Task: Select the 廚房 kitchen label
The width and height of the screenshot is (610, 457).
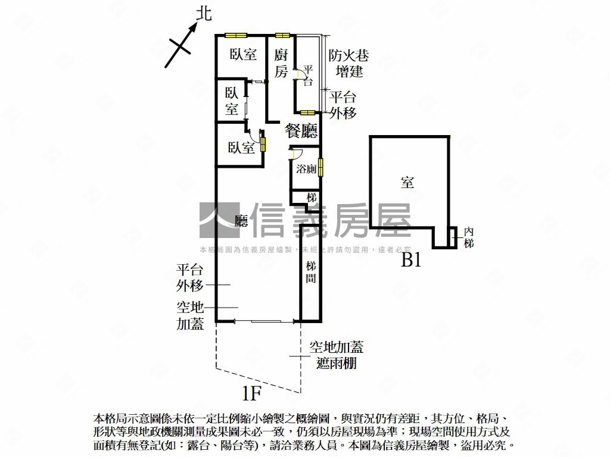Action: pos(281,63)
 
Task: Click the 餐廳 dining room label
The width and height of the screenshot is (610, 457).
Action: pos(301,131)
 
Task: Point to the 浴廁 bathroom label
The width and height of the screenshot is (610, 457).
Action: pos(306,169)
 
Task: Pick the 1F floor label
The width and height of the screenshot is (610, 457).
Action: pos(252,393)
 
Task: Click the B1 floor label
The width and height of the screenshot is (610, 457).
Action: pos(411,259)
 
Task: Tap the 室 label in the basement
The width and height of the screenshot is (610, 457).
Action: pos(407,183)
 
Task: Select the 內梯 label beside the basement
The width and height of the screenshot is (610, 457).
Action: pos(469,237)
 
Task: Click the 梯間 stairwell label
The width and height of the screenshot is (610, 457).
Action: pos(311,272)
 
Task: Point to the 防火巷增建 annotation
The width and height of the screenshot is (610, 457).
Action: pos(349,63)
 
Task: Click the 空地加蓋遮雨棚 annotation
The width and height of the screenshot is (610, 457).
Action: pos(337,355)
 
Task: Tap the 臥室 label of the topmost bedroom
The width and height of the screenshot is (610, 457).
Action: pos(243,55)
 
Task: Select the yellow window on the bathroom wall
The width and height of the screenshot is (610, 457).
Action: pos(320,167)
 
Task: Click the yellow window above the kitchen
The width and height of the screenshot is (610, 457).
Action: pos(282,36)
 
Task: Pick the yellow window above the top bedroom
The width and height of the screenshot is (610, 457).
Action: pos(234,36)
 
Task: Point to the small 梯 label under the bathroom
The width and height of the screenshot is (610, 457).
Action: pos(311,198)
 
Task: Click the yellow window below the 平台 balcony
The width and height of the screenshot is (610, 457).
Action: pos(307,112)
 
